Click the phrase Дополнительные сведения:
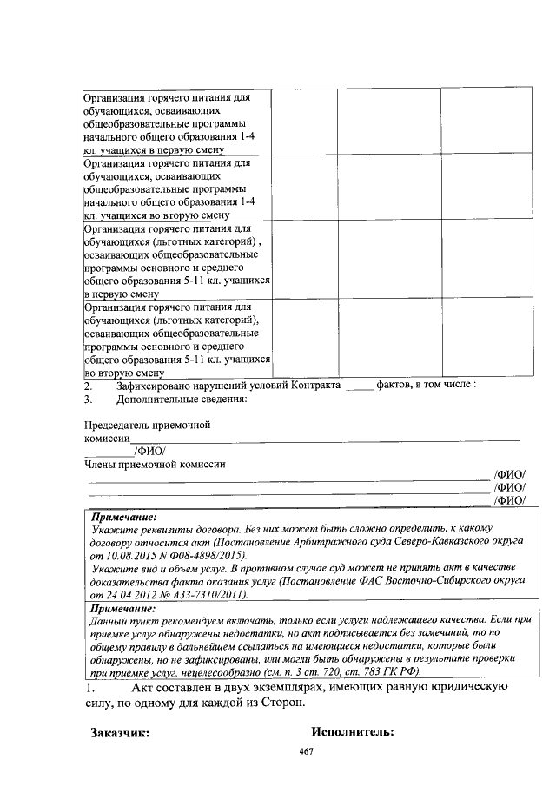click(182, 400)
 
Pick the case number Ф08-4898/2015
click(209, 554)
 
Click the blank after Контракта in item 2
click(359, 386)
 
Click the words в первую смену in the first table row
click(189, 149)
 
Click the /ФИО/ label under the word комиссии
click(149, 450)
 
